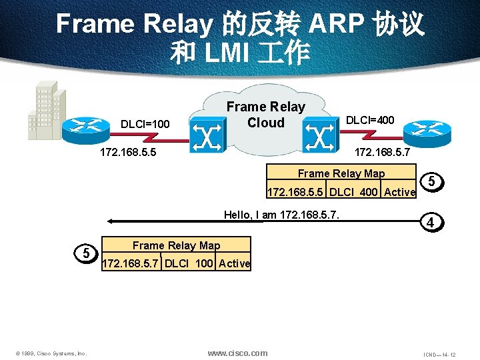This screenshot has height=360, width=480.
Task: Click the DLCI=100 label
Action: coord(145,123)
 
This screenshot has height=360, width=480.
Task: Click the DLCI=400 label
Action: coord(369,120)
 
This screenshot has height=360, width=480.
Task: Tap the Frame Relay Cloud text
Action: coord(265,115)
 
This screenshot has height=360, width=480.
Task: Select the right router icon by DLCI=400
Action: coord(431,131)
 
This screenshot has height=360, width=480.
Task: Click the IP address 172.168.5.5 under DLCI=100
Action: coord(128,153)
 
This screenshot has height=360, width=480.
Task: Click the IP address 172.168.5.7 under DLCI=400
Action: coord(382,153)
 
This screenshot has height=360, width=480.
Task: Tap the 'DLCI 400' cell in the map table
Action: coord(353,193)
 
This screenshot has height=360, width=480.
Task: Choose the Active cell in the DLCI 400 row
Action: coord(399,193)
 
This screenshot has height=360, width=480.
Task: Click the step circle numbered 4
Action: coord(432,223)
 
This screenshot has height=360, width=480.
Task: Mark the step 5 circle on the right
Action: coord(432,181)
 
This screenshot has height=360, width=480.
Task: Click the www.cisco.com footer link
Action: coord(237,353)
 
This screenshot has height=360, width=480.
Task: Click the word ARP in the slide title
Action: coord(334,25)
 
